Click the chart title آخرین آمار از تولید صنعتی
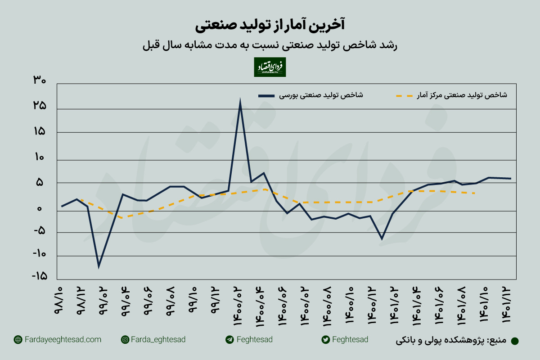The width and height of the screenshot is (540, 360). pyautogui.click(x=270, y=25)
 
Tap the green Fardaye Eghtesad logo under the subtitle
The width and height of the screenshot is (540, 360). pyautogui.click(x=270, y=67)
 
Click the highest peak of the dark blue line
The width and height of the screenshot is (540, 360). pyautogui.click(x=240, y=102)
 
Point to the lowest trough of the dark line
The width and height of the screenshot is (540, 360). pyautogui.click(x=99, y=266)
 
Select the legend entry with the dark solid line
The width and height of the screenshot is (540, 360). pyautogui.click(x=310, y=95)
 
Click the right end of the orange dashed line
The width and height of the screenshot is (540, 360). pyautogui.click(x=476, y=193)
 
